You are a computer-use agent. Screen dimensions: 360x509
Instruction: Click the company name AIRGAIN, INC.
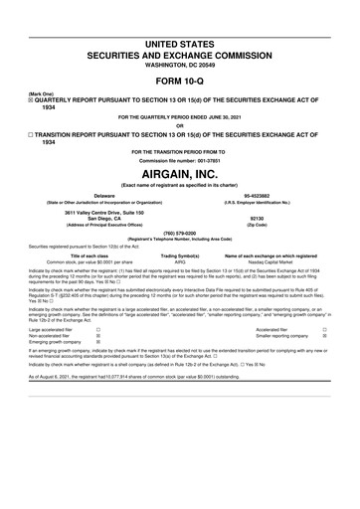[180, 171]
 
